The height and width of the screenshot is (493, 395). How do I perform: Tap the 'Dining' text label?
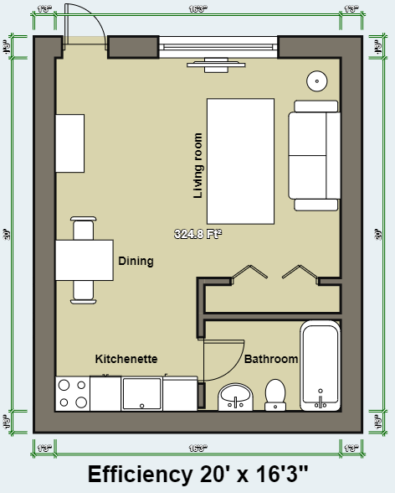(136, 261)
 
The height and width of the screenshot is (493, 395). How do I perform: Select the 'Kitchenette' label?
(126, 358)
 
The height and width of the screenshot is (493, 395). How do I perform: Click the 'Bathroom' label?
(271, 359)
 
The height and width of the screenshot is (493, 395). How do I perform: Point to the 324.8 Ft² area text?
(197, 234)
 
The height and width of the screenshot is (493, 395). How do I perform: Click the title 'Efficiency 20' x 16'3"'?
(197, 474)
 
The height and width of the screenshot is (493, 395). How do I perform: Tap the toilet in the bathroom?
(275, 394)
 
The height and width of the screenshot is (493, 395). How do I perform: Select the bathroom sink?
(235, 397)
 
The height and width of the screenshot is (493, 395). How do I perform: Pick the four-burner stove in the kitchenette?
(72, 394)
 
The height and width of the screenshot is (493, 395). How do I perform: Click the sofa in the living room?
(314, 156)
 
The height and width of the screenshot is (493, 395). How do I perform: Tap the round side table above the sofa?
(317, 81)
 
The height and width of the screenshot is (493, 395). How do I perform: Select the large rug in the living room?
(241, 160)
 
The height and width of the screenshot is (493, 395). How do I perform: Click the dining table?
(84, 260)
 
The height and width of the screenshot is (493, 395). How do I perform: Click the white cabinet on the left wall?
(70, 143)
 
